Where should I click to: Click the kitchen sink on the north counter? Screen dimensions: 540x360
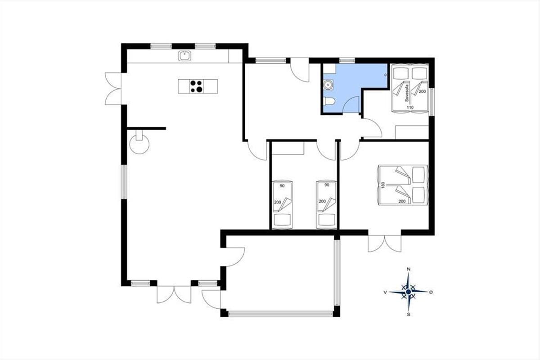point(184,56)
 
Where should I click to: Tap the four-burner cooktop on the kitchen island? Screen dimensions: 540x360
point(196,86)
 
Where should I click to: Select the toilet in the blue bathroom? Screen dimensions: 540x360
point(329,101)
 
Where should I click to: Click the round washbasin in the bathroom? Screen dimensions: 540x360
point(328,85)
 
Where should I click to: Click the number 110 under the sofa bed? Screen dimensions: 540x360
point(410,107)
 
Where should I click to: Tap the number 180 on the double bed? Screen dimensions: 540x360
point(382,185)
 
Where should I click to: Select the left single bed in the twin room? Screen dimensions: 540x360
point(282,204)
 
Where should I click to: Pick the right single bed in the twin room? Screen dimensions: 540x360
point(326,204)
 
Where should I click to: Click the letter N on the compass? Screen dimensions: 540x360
point(409,269)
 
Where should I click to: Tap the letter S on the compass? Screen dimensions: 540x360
point(409,315)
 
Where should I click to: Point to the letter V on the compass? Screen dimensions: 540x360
point(385,292)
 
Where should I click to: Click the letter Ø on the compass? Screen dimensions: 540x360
point(431,292)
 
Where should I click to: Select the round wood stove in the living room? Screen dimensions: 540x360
point(139,144)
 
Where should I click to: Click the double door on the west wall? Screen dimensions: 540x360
point(113,89)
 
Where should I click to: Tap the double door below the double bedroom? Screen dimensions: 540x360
point(384,243)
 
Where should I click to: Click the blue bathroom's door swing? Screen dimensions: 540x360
point(351,104)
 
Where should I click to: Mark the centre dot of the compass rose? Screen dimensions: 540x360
point(409,292)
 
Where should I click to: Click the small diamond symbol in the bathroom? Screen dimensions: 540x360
point(386,75)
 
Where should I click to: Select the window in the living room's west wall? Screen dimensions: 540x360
point(124,182)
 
